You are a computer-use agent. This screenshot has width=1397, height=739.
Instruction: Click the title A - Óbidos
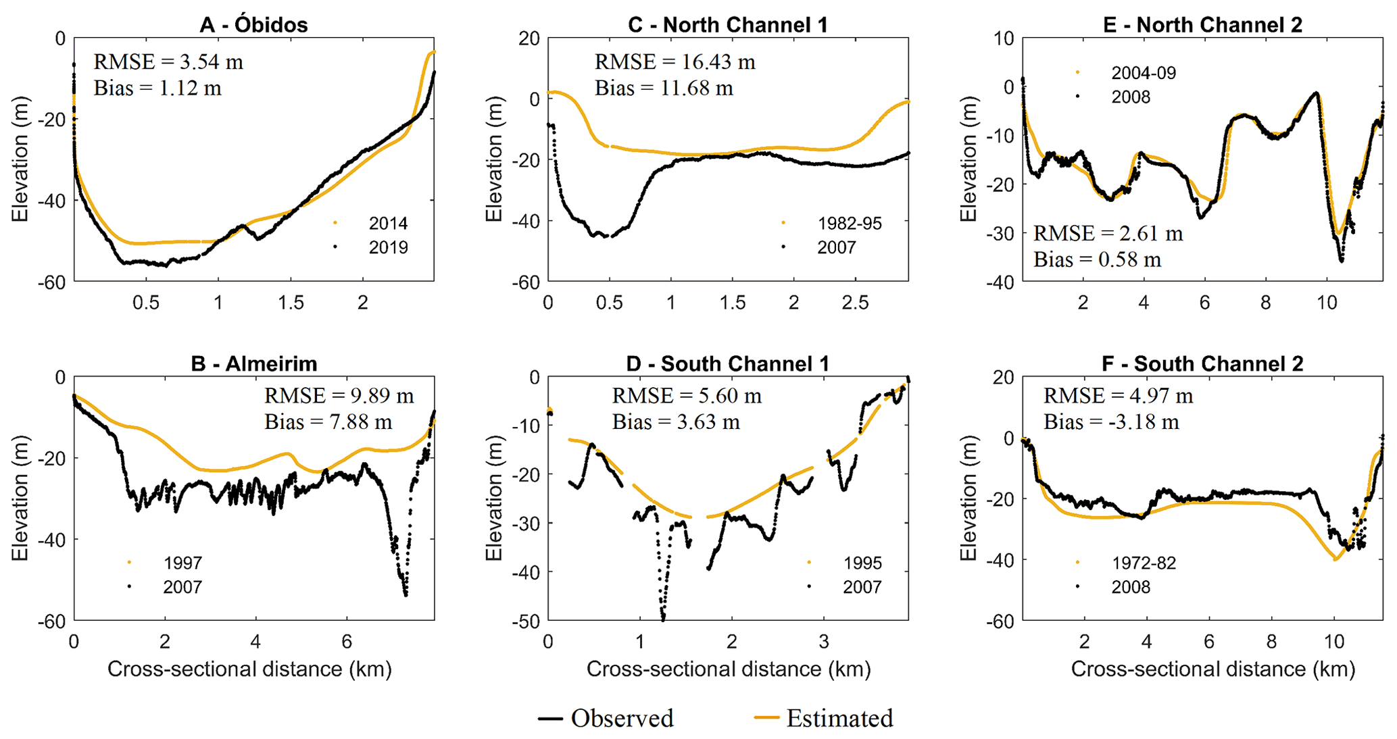coord(253,25)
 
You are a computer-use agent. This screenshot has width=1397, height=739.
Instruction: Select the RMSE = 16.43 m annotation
coord(675,62)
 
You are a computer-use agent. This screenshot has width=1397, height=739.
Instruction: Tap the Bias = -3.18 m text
coord(1111,422)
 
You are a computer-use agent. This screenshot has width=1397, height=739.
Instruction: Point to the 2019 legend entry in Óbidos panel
coord(388,248)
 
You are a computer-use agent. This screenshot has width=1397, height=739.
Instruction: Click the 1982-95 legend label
coord(850,224)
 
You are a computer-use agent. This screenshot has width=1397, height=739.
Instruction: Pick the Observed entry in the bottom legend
coord(606,718)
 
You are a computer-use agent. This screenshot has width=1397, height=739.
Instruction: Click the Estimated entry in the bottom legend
coord(824,718)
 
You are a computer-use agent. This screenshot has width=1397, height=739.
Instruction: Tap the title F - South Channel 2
coord(1202,364)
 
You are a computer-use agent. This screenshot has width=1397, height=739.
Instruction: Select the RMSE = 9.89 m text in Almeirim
coord(339,396)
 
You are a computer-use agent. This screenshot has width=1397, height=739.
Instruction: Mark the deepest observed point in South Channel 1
coord(663,618)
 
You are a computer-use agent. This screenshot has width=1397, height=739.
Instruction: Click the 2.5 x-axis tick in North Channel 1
coord(855,302)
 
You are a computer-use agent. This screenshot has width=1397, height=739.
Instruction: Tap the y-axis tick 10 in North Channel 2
coord(1004,39)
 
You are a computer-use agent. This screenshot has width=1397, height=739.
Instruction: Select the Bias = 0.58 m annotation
coord(1097,260)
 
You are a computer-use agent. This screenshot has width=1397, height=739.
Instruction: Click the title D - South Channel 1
coord(727,364)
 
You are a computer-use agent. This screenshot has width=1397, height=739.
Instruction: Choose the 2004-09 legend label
coord(1144,73)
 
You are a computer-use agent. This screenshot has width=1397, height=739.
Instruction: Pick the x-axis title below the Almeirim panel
coord(249,669)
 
